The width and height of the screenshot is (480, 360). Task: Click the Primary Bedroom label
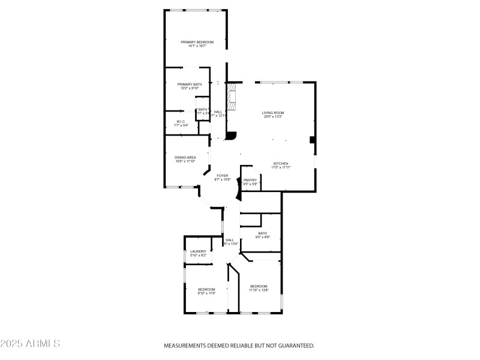(x=197, y=42)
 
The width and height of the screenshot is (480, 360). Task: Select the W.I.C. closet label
(x=181, y=121)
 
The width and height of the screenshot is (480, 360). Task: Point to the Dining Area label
(x=185, y=157)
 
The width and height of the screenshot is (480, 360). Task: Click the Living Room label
(x=272, y=113)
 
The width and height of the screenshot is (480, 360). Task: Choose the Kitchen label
(x=281, y=163)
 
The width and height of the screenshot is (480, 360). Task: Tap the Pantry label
(x=250, y=180)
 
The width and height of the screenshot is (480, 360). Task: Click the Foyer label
(x=222, y=175)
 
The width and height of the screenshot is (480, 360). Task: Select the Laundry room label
(x=198, y=251)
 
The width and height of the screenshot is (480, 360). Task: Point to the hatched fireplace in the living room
(x=232, y=97)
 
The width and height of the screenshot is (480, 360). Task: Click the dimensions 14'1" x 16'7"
(x=197, y=46)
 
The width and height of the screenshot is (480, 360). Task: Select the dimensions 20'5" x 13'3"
(x=272, y=117)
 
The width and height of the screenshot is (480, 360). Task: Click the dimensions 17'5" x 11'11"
(x=281, y=167)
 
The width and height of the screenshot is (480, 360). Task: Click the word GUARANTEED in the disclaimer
(x=293, y=346)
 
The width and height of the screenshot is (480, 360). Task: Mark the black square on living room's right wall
(x=312, y=140)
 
